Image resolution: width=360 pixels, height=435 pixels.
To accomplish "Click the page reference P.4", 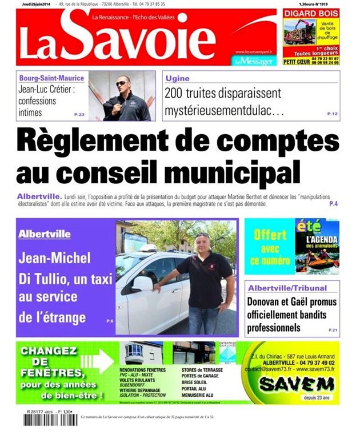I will [x=333, y=204].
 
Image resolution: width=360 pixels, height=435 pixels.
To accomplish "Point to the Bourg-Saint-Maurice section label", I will [x=51, y=78].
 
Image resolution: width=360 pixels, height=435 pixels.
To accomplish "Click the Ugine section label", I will [x=177, y=78].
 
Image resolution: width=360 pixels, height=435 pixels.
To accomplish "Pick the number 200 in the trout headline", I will [x=175, y=93].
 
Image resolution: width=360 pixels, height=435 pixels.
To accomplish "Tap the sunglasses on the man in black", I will [x=122, y=83].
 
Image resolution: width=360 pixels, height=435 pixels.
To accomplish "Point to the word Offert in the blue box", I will [x=270, y=234].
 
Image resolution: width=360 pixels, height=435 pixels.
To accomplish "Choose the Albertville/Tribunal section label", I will [x=287, y=288].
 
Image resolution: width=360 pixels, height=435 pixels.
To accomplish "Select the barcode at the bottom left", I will [x=50, y=420].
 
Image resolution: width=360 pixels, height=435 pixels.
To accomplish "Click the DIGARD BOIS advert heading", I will [x=311, y=13].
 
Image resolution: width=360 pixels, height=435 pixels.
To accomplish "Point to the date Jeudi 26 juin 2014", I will [x=35, y=4].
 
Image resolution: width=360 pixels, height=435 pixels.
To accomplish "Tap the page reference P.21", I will [x=333, y=331].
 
